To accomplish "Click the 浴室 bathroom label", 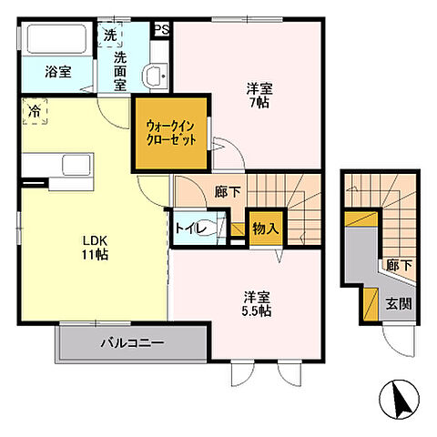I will [x=58, y=73].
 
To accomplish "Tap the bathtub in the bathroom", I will [x=56, y=40].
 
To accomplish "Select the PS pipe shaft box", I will [x=163, y=30].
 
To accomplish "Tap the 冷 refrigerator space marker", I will [x=33, y=112].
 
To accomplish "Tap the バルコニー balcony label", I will [x=131, y=344].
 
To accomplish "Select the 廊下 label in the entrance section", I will [x=397, y=266].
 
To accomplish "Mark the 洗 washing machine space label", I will [x=109, y=36].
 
